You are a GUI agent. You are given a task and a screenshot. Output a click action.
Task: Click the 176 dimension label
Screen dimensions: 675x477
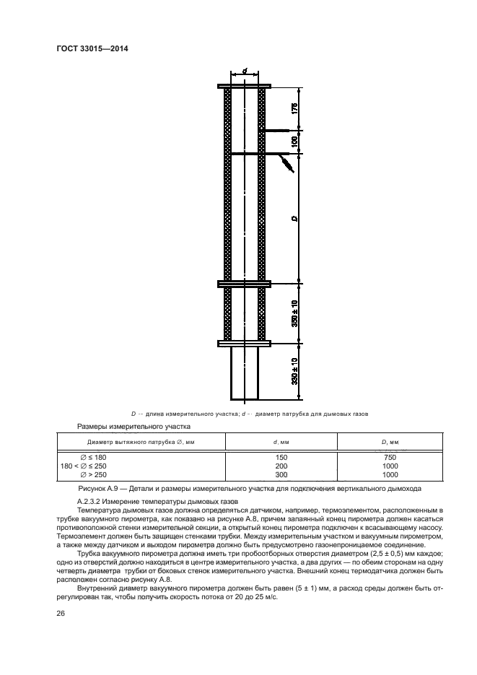pos(295,109)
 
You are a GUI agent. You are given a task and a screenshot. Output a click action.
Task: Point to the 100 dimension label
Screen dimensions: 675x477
pos(295,142)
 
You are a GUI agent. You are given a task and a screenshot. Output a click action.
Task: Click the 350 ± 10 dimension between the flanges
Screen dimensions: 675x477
pos(295,312)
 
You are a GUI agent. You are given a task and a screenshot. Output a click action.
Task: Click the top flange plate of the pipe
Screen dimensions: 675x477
pos(245,87)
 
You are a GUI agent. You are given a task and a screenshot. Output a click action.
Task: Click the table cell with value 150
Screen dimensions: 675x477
pos(281,457)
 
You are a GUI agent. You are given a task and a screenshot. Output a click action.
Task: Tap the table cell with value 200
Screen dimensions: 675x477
pos(281,466)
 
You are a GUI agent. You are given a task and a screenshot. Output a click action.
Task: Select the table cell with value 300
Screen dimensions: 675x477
pos(281,474)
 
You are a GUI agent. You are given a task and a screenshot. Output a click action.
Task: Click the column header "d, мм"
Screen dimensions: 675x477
pos(281,441)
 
